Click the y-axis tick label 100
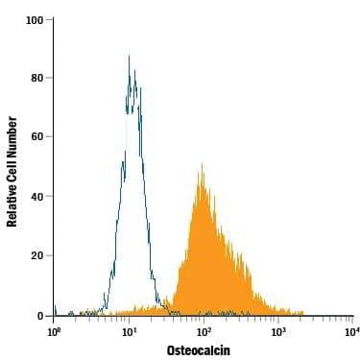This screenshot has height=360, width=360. coord(34,19)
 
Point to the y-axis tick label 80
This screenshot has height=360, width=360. coord(36,78)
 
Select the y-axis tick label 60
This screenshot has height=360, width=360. coord(36,137)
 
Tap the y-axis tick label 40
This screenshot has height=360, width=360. coord(36,197)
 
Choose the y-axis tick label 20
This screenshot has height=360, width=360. coord(36,256)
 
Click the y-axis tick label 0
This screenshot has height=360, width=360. coord(39,316)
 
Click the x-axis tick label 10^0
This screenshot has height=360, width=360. coord(55,331)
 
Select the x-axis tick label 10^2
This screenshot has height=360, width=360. coord(204,331)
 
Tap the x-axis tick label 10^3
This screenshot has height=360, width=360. coord(277,331)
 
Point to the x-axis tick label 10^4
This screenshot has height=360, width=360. coord(351,331)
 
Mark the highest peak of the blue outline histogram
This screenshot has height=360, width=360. coord(129,56)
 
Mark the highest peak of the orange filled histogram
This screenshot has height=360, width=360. coord(202,164)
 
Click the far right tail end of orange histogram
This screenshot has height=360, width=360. coord(303,313)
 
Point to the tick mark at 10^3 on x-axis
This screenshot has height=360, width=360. coord(278,319)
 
